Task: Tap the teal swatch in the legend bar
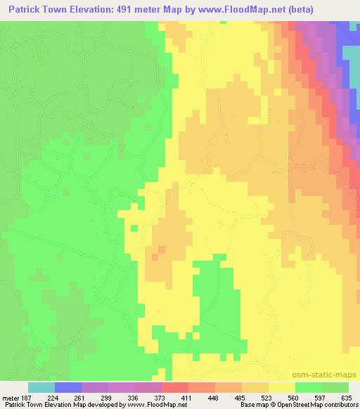click(x=41, y=387)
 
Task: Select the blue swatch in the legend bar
click(x=68, y=387)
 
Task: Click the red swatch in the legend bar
click(x=175, y=387)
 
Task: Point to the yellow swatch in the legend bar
click(x=282, y=387)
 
